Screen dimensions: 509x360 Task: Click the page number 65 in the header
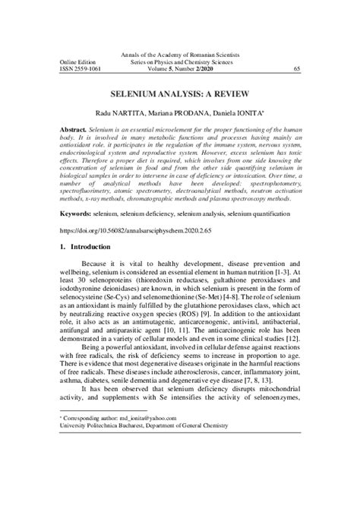coord(296,68)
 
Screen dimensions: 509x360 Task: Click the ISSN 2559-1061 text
coord(81,68)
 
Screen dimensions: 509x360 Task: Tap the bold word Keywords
coord(78,215)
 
